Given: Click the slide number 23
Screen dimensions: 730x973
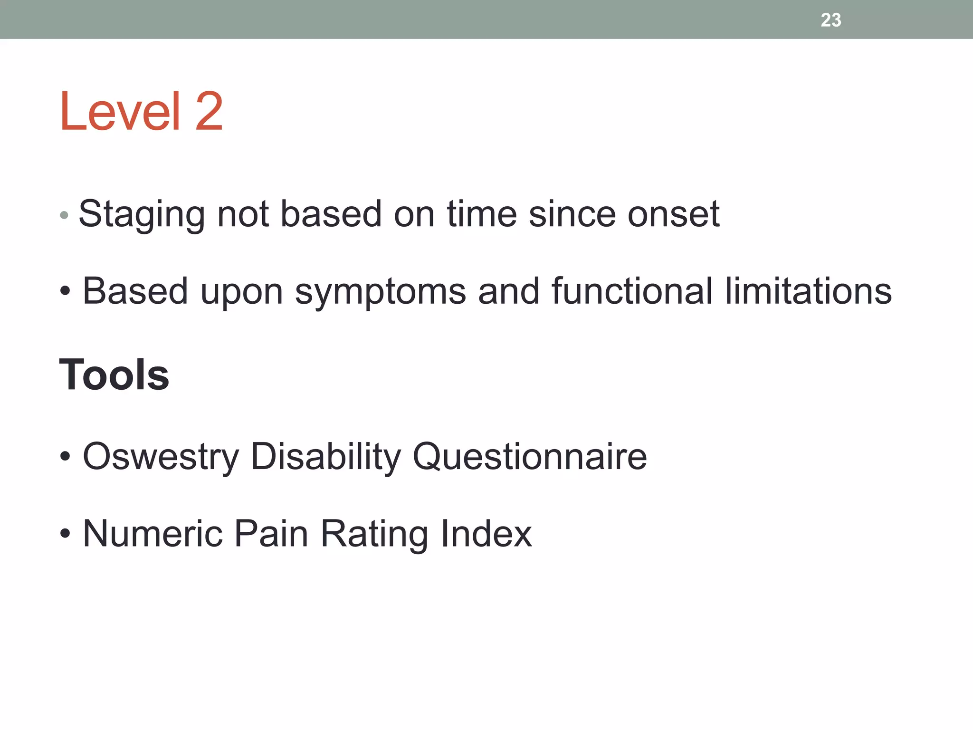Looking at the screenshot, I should click(x=830, y=20).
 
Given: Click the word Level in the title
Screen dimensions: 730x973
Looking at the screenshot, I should click(x=120, y=111).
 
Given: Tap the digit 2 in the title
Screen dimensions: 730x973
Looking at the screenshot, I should click(x=209, y=111).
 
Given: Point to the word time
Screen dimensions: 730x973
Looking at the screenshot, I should click(x=481, y=214).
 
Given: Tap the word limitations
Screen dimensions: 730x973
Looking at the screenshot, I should click(x=808, y=291).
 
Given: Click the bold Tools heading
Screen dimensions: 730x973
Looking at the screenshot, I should click(x=114, y=375).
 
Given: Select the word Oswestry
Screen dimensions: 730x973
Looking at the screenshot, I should click(x=161, y=457).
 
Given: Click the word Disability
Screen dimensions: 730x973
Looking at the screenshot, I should click(x=326, y=457).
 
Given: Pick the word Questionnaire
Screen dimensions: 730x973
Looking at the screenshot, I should click(x=530, y=457).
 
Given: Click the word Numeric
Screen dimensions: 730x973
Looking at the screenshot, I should click(x=153, y=534).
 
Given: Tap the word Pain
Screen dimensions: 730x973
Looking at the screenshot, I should click(x=271, y=534).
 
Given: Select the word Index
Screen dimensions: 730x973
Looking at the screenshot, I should click(x=486, y=534).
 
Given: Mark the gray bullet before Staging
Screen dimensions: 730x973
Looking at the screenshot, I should click(x=65, y=215).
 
